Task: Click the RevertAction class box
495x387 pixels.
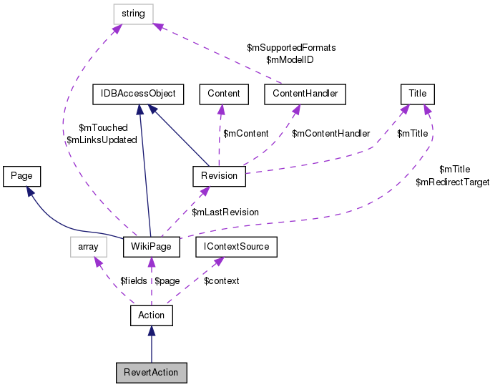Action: (152, 372)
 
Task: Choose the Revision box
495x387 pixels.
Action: (219, 175)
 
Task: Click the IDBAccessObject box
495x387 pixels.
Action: (139, 94)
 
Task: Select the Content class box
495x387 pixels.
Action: (224, 94)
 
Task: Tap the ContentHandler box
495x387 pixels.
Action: (305, 94)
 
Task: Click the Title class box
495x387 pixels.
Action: (417, 94)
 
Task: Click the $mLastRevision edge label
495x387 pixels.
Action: (225, 212)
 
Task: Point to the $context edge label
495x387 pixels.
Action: (222, 281)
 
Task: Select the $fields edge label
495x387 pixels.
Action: (133, 281)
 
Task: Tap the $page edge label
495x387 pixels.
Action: (167, 281)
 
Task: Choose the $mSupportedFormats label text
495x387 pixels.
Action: (291, 48)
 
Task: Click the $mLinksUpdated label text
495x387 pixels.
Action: (102, 139)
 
